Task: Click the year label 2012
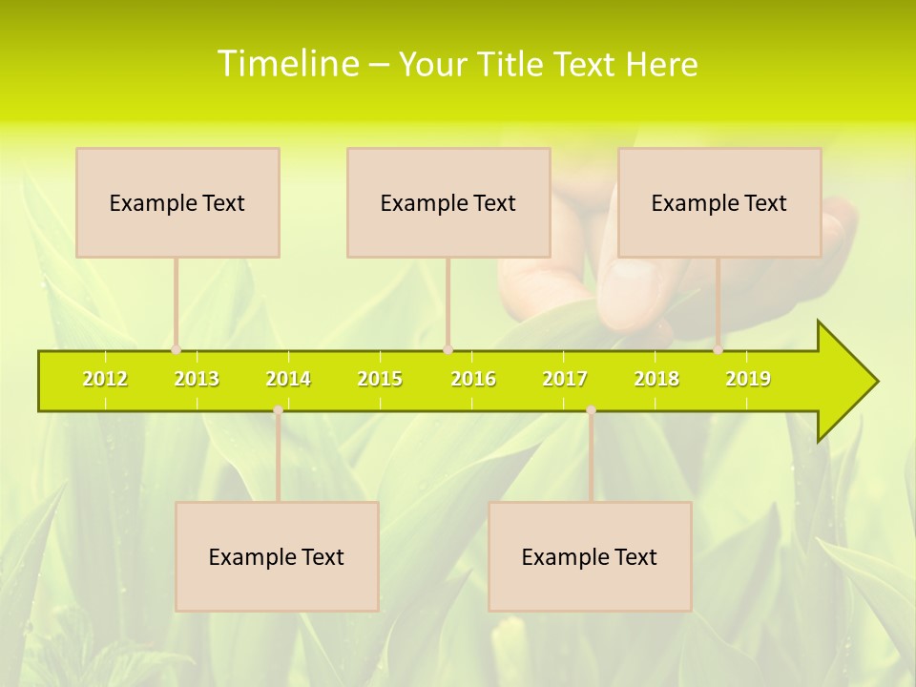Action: pyautogui.click(x=105, y=379)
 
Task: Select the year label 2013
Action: pyautogui.click(x=197, y=379)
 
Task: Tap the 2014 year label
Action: pyautogui.click(x=288, y=379)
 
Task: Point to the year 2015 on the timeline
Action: pyautogui.click(x=380, y=379)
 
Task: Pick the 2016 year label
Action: pyautogui.click(x=473, y=379)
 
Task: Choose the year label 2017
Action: pyautogui.click(x=565, y=379)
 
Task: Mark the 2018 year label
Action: pyautogui.click(x=656, y=379)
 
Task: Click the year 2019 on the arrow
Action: pyautogui.click(x=748, y=379)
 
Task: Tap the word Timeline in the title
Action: pyautogui.click(x=286, y=64)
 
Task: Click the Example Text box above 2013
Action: pyautogui.click(x=177, y=202)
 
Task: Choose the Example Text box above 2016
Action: pyautogui.click(x=448, y=202)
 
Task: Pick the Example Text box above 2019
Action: pyautogui.click(x=719, y=202)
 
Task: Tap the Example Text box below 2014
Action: pyautogui.click(x=277, y=556)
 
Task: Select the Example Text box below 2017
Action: pyautogui.click(x=590, y=556)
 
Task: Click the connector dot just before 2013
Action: pyautogui.click(x=176, y=349)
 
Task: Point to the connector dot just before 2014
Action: pyautogui.click(x=278, y=410)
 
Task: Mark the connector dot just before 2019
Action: pyautogui.click(x=718, y=349)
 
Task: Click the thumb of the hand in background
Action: pyautogui.click(x=630, y=286)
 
